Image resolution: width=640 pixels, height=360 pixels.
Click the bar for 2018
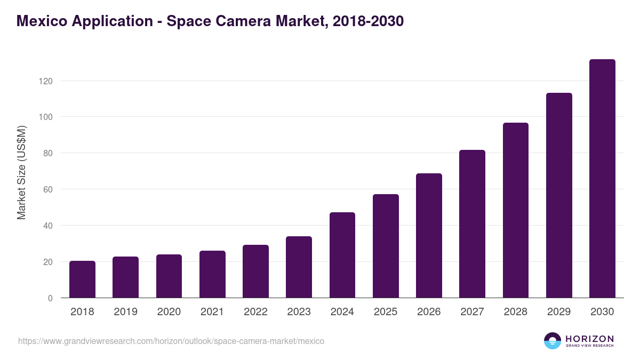pyautogui.click(x=82, y=279)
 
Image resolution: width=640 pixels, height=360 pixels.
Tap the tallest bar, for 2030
pyautogui.click(x=602, y=179)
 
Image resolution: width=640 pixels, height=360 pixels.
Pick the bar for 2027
pyautogui.click(x=472, y=224)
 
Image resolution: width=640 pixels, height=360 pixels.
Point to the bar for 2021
pyautogui.click(x=212, y=274)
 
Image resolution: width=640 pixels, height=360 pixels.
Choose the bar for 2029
pyautogui.click(x=559, y=195)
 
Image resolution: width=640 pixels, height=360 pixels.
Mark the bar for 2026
pyautogui.click(x=429, y=236)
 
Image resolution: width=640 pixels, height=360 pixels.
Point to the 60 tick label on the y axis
pyautogui.click(x=47, y=189)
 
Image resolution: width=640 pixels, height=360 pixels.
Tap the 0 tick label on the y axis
pyautogui.click(x=50, y=298)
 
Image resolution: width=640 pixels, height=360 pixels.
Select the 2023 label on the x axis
pyautogui.click(x=299, y=312)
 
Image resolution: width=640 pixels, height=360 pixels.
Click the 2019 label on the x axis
pyautogui.click(x=125, y=312)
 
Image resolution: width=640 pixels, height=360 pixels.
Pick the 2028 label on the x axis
pyautogui.click(x=516, y=312)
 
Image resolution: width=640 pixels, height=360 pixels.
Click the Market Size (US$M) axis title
pyautogui.click(x=21, y=172)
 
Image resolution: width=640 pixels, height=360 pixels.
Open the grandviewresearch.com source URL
pyautogui.click(x=171, y=341)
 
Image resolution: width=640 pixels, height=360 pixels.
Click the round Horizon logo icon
pyautogui.click(x=553, y=341)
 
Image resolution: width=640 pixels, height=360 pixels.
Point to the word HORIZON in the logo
pyautogui.click(x=589, y=338)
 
